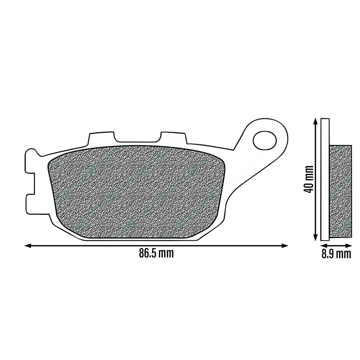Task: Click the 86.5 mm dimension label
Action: [156, 253]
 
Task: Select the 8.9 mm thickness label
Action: [336, 254]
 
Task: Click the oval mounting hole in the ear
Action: [265, 140]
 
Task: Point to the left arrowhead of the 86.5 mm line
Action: [28, 246]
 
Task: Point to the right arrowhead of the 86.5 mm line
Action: [285, 246]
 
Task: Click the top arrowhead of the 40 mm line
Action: [316, 121]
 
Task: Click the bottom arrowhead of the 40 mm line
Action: [316, 238]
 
